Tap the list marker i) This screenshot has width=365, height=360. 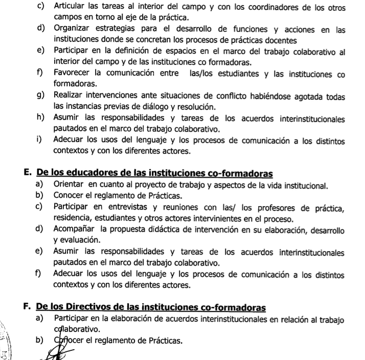point(40,142)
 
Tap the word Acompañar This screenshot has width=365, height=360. point(74,229)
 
